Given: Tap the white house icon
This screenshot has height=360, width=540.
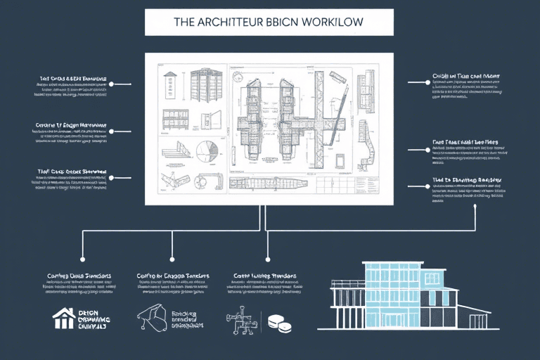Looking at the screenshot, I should point(63,318).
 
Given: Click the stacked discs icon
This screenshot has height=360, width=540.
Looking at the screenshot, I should point(279,323).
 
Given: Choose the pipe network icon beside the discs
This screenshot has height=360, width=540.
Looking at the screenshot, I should point(240,319).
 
